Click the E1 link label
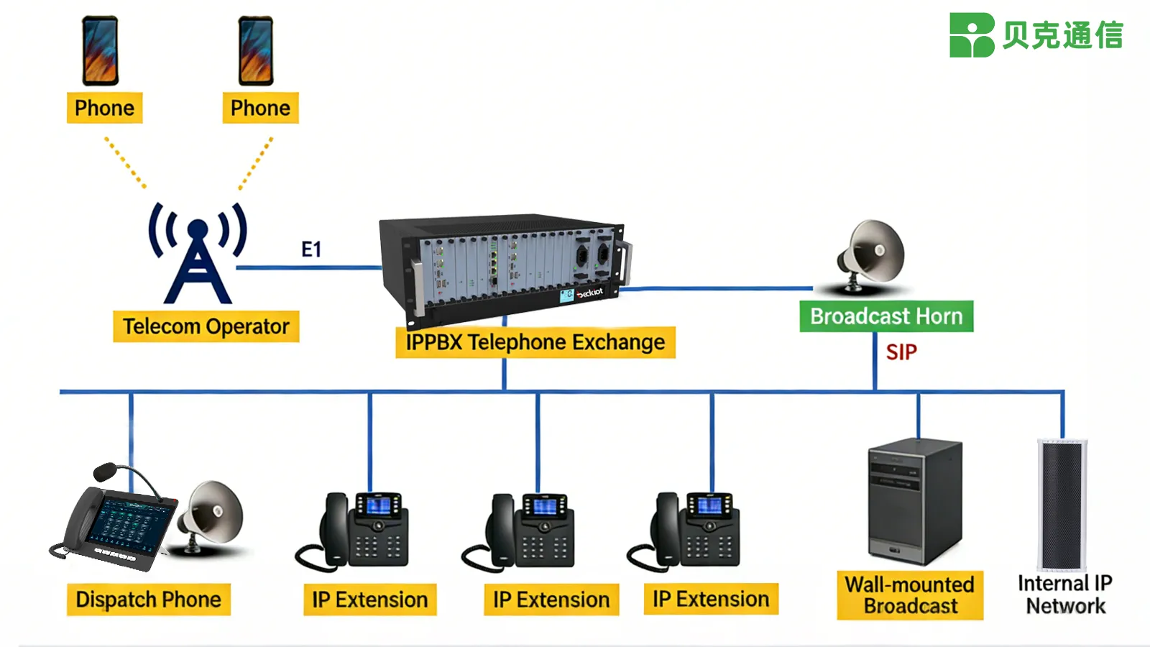click(310, 249)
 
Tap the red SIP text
click(901, 352)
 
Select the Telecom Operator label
click(206, 326)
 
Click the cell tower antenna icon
click(198, 255)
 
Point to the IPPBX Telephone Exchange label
click(535, 342)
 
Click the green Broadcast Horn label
click(885, 316)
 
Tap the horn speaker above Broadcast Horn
click(872, 255)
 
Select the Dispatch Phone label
click(148, 600)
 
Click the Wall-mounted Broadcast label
click(909, 595)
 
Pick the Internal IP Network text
click(1064, 595)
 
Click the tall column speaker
click(1062, 503)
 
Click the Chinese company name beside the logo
click(1062, 35)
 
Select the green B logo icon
click(971, 35)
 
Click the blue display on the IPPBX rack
click(566, 295)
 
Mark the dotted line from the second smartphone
click(255, 164)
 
